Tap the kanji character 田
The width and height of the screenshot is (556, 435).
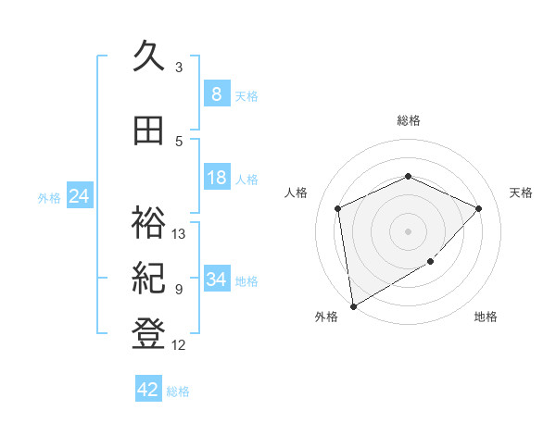pos(150,132)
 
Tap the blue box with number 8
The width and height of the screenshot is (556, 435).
pos(216,94)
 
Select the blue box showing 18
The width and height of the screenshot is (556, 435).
pos(216,178)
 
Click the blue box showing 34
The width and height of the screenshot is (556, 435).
pos(216,280)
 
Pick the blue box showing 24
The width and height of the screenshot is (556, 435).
pos(80,196)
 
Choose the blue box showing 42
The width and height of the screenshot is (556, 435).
pos(148,390)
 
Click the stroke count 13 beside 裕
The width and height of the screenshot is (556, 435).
pos(179,233)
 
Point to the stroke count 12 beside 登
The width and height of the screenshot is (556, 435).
pos(179,345)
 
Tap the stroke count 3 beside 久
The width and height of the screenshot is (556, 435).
pos(178,67)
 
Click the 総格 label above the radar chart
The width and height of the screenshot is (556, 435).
pos(408,120)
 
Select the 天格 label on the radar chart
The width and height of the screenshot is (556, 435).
pos(521,193)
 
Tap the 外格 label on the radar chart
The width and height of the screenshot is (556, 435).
pos(326,317)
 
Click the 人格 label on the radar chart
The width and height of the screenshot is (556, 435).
pos(296,193)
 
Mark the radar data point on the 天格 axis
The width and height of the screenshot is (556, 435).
pos(478,208)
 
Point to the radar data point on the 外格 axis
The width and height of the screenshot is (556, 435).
pos(352,305)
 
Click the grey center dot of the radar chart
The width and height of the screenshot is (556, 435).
pos(408,230)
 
